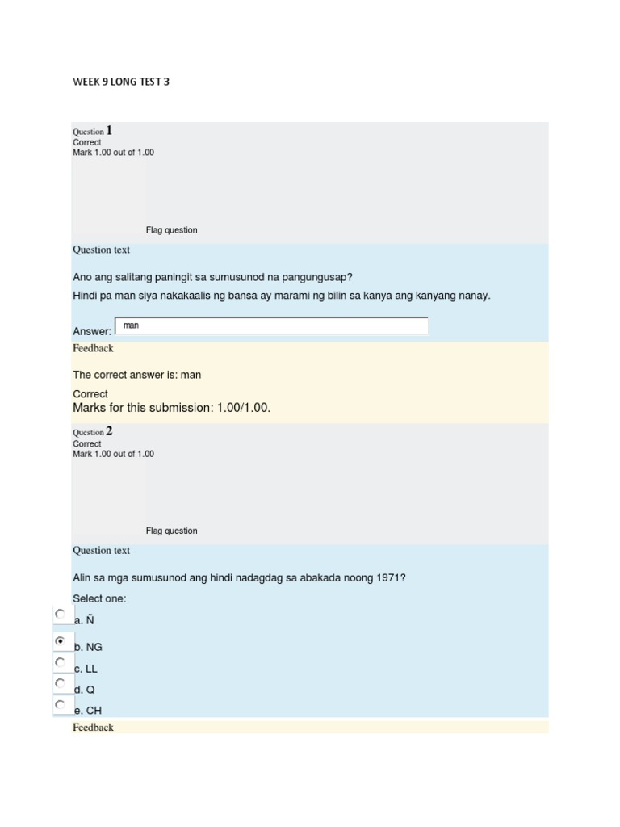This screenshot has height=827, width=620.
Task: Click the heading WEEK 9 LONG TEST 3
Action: (x=121, y=82)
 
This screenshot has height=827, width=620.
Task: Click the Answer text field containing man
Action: (x=271, y=326)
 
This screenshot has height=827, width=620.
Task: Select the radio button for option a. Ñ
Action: (x=60, y=614)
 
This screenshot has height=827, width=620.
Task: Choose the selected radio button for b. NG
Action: (x=60, y=640)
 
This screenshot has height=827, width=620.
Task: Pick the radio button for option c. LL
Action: (x=60, y=662)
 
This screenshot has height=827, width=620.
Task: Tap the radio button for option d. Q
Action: (x=60, y=683)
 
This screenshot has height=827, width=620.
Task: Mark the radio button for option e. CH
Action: (x=60, y=704)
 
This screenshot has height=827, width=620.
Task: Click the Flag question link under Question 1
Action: (x=171, y=230)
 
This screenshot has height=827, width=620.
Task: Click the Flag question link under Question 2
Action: (x=171, y=531)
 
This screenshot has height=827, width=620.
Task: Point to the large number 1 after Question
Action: (x=109, y=130)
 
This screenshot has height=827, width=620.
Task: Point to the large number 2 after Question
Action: (x=109, y=431)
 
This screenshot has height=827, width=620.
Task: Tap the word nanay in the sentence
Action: (x=474, y=296)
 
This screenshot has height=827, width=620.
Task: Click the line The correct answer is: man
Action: (x=137, y=375)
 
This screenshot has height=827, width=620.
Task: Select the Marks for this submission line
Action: (x=171, y=408)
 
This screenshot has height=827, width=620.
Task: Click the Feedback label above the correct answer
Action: (x=93, y=348)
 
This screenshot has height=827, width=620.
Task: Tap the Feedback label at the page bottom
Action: (x=93, y=728)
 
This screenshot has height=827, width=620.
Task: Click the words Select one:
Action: (x=99, y=598)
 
